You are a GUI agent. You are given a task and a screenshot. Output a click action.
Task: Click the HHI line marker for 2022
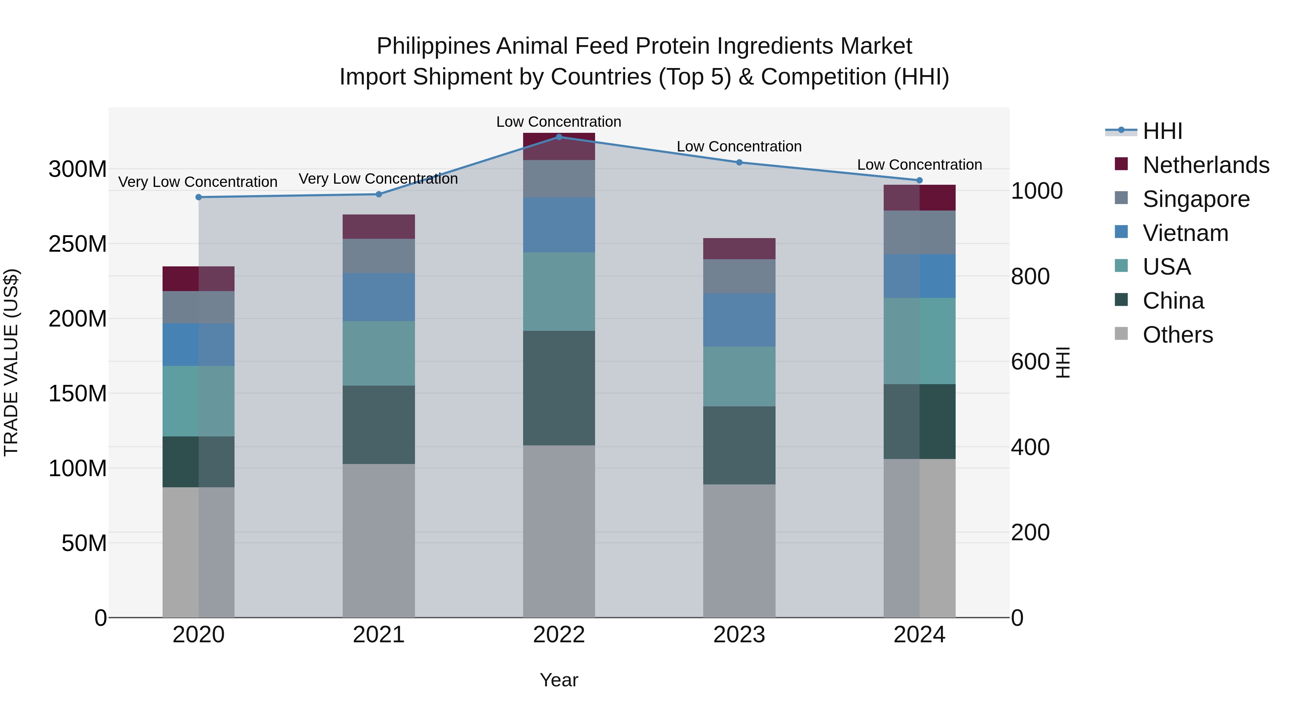[x=559, y=137]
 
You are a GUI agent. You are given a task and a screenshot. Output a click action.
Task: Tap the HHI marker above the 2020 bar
[x=199, y=197]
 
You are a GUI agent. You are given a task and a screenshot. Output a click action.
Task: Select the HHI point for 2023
[x=739, y=162]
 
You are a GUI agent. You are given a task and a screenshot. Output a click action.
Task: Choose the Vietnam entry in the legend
[x=1185, y=233]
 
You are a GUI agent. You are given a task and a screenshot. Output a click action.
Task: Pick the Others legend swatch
[x=1121, y=334]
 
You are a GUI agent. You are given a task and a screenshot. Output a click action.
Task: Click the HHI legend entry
[x=1162, y=131]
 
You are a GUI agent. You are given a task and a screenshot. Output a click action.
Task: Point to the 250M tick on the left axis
[x=78, y=244]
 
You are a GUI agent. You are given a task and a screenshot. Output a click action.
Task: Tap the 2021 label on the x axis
[x=379, y=635]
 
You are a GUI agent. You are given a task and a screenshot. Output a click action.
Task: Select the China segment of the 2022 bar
[x=559, y=388]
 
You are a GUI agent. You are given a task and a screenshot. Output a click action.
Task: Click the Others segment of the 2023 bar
[x=739, y=550]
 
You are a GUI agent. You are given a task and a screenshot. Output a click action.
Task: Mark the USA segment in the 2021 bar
[x=379, y=353]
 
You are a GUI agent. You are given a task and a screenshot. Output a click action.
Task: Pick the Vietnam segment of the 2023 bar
[x=739, y=320]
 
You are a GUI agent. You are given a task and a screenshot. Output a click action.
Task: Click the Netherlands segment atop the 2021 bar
[x=379, y=227]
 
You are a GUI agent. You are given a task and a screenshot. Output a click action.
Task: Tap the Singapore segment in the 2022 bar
[x=559, y=179]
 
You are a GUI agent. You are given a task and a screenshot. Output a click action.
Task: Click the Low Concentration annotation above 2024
[x=919, y=165]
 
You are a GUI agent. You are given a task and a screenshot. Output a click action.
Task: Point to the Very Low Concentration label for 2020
[x=198, y=182]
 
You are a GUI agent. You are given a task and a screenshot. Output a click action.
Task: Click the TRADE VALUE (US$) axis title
[x=11, y=362]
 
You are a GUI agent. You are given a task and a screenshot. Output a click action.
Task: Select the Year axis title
[x=559, y=680]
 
